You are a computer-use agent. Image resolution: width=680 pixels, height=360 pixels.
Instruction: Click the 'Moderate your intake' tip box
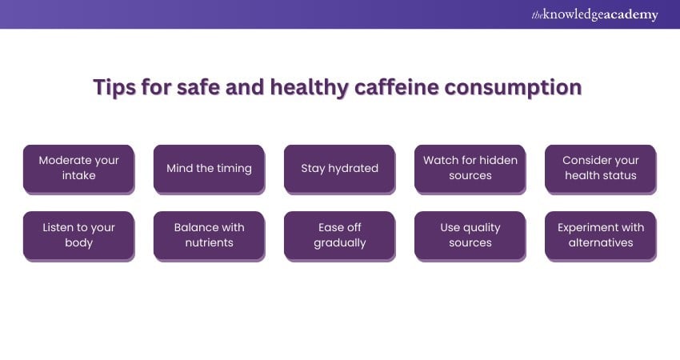pyautogui.click(x=79, y=169)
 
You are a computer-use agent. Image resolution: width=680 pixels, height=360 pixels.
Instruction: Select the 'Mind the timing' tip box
pyautogui.click(x=209, y=169)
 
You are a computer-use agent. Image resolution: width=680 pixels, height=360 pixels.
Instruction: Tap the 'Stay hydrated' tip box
pyautogui.click(x=339, y=169)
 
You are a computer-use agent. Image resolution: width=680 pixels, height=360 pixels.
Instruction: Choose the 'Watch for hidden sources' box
pyautogui.click(x=470, y=169)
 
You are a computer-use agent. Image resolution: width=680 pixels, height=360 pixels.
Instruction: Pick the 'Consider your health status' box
pyautogui.click(x=601, y=169)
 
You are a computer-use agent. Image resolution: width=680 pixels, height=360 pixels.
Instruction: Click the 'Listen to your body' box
pyautogui.click(x=79, y=236)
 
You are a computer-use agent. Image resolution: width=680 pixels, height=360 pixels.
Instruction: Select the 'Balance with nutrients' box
pyautogui.click(x=209, y=236)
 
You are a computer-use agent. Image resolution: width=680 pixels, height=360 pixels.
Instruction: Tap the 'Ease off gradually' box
pyautogui.click(x=339, y=236)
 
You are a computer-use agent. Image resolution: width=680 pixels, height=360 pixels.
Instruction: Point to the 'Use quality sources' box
pyautogui.click(x=470, y=236)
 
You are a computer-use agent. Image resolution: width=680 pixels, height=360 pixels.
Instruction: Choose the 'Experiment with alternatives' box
pyautogui.click(x=601, y=236)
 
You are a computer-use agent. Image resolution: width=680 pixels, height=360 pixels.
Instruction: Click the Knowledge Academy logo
pyautogui.click(x=594, y=14)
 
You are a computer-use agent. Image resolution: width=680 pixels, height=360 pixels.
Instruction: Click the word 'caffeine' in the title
pyautogui.click(x=396, y=86)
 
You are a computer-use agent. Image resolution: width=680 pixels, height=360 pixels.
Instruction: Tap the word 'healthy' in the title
pyautogui.click(x=310, y=88)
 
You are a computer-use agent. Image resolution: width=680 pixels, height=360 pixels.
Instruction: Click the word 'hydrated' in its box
pyautogui.click(x=353, y=168)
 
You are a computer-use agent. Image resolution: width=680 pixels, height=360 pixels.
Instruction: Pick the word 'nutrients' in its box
pyautogui.click(x=209, y=242)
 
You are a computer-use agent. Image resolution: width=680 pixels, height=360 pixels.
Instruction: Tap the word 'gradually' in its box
pyautogui.click(x=339, y=243)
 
